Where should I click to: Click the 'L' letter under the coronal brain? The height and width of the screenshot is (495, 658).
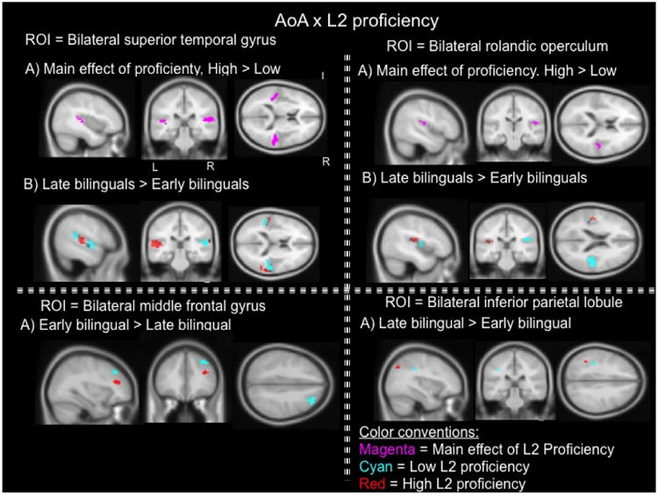(x=155, y=165)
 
